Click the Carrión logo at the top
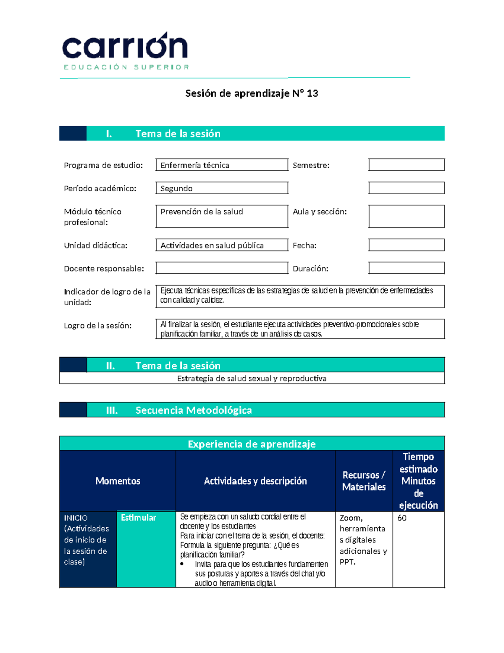click(125, 50)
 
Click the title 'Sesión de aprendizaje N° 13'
click(252, 93)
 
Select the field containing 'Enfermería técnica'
click(222, 165)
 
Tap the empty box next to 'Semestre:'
click(406, 165)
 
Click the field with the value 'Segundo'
click(222, 188)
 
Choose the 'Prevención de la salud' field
click(222, 216)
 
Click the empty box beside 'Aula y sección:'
click(406, 216)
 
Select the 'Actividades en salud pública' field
click(222, 245)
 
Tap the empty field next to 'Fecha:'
click(406, 245)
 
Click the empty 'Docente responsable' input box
click(222, 268)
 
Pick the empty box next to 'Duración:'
click(406, 268)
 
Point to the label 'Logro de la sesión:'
click(98, 325)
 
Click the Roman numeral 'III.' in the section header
click(112, 410)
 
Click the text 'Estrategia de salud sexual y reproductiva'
click(252, 378)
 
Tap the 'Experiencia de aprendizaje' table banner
click(252, 444)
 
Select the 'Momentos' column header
click(118, 481)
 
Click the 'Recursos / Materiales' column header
click(364, 481)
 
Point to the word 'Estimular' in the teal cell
click(138, 518)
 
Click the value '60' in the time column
click(402, 518)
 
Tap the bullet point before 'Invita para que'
click(182, 564)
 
